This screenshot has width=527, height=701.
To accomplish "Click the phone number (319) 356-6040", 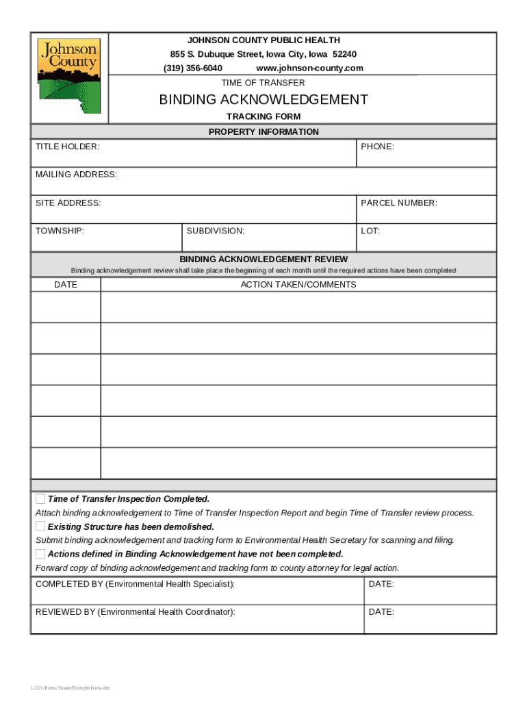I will (x=192, y=68).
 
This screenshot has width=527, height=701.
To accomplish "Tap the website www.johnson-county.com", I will (x=309, y=68).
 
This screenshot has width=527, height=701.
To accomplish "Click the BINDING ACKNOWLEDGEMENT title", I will (x=263, y=100).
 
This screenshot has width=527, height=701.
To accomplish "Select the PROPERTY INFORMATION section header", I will (x=263, y=132).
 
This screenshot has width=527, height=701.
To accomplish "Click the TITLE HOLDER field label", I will (x=67, y=147).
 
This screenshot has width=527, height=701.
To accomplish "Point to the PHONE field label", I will (x=377, y=147).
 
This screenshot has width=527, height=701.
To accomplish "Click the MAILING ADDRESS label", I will (x=76, y=175).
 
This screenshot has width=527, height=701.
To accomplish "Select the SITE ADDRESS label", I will (x=68, y=203).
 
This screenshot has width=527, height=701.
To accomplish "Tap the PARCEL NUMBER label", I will (x=399, y=203).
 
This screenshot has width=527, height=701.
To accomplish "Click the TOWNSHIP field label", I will (x=60, y=231).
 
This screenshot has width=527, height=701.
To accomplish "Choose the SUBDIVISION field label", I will (x=215, y=231).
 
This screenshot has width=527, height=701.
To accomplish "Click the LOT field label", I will (x=370, y=231).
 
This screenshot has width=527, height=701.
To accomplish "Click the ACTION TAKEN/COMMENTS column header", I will (x=298, y=285).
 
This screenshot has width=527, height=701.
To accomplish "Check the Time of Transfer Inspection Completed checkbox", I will (x=40, y=498).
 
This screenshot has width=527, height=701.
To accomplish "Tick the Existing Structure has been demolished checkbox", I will (x=40, y=526).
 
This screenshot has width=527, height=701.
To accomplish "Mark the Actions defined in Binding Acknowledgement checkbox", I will (x=40, y=554).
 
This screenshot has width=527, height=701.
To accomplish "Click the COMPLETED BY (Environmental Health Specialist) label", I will (x=135, y=585).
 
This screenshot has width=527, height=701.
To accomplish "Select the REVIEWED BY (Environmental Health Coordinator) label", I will (x=135, y=612).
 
